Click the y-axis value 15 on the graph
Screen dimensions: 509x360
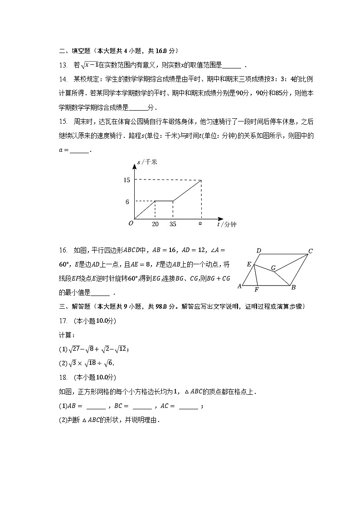[126, 180]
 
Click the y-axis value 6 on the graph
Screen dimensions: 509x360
[127, 201]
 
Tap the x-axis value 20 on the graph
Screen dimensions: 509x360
[155, 224]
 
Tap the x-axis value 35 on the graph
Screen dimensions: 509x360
[173, 224]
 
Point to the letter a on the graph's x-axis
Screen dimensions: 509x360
[200, 223]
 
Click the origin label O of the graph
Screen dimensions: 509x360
[131, 223]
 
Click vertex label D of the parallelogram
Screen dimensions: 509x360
[258, 251]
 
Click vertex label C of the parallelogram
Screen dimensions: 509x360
[311, 251]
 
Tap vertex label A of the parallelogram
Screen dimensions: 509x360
[240, 286]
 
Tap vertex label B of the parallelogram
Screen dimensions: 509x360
[293, 287]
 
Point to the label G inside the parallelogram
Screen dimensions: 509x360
[273, 268]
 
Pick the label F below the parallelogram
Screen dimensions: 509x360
[256, 290]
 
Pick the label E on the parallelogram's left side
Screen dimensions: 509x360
[249, 264]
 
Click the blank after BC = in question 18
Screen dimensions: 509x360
[142, 406]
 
